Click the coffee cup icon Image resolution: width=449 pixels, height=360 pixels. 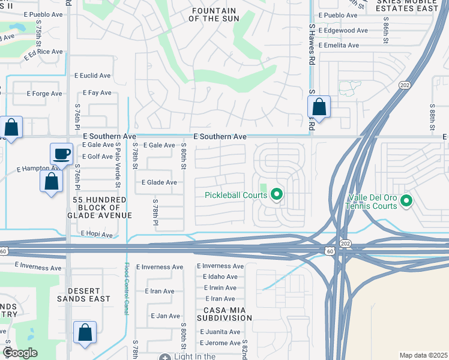pos(61,154)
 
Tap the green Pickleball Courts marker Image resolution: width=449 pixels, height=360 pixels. pos(277,194)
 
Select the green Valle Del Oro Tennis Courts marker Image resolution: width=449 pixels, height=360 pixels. pos(406,200)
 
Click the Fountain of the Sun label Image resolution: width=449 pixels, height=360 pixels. pos(214,15)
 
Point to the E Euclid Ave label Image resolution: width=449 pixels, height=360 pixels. pos(92,76)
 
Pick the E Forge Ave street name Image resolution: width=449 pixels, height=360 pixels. pos(44,94)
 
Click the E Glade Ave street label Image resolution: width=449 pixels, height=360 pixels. pos(159,182)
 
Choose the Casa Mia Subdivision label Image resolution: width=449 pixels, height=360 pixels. pos(224,313)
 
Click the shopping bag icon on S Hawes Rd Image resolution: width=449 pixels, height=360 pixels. pos(319,107)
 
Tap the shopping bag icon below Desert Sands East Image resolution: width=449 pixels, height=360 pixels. pos(85,332)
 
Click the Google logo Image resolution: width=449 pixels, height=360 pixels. pos(20,353)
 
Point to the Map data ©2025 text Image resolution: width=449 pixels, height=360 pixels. pos(423,355)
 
